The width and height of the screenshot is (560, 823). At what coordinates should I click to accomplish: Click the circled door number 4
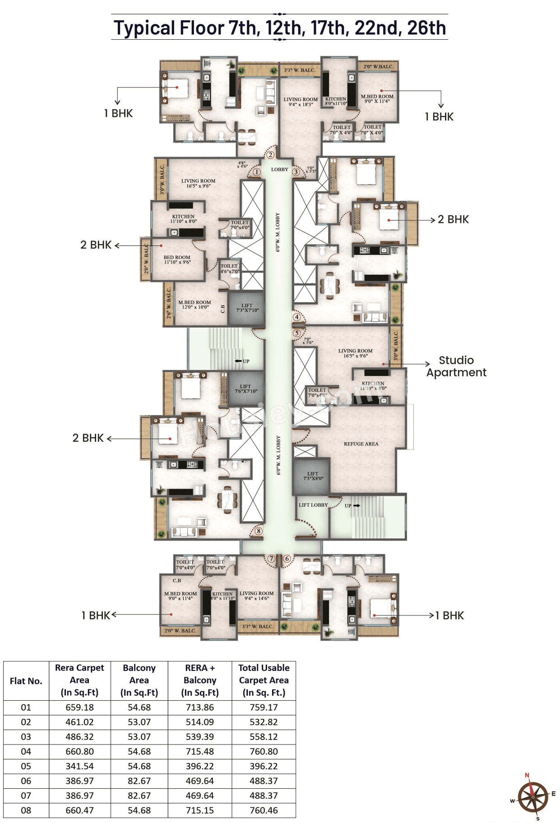(296, 317)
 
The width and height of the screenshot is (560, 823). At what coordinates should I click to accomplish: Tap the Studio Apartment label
(456, 366)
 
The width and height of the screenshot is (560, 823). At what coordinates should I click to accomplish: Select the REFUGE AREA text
(361, 444)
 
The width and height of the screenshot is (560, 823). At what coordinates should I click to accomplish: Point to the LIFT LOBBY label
(313, 505)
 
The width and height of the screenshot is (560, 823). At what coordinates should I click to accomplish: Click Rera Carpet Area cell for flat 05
(79, 766)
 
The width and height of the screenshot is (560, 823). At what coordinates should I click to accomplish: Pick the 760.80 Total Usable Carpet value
(264, 751)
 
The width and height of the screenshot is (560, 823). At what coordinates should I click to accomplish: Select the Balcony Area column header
(139, 680)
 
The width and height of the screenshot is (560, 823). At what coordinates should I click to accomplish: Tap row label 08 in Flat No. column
(26, 810)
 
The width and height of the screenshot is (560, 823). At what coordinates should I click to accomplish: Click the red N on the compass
(527, 775)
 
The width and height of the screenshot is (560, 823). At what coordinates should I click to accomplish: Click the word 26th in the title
(426, 28)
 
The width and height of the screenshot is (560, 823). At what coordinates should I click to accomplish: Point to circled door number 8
(259, 531)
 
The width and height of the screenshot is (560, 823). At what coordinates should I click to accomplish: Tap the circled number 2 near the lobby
(270, 155)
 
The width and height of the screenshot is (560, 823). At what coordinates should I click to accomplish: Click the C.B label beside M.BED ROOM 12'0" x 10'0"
(222, 309)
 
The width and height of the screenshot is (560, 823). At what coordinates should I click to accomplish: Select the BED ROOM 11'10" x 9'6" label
(177, 259)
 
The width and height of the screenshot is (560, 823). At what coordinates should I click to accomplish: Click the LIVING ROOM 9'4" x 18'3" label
(301, 102)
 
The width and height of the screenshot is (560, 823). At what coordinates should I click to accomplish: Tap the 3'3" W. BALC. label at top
(300, 70)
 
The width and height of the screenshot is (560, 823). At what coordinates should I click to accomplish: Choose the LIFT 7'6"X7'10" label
(245, 388)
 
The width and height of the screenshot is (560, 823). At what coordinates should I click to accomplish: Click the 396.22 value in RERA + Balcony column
(200, 766)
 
